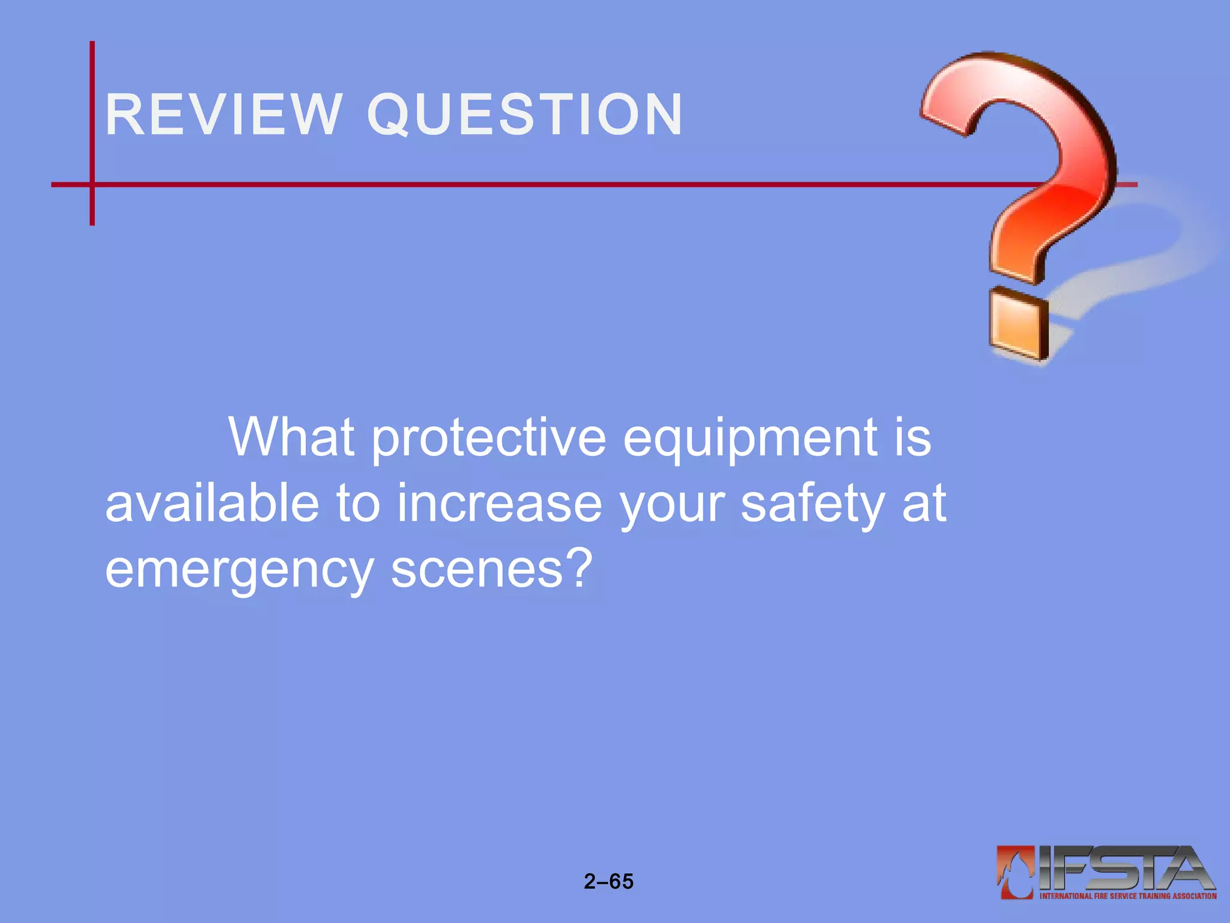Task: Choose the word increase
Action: [499, 504]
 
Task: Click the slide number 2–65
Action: [608, 882]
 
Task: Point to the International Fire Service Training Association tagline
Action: [1128, 896]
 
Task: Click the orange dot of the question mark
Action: [1019, 324]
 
